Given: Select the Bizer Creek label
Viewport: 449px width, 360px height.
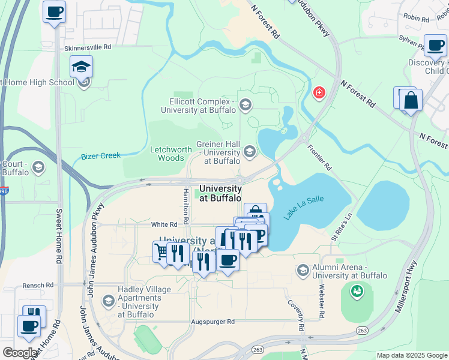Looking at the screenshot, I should tap(100, 156).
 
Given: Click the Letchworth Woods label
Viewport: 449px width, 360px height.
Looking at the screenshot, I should tap(170, 154).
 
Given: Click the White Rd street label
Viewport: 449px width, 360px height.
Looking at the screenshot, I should tap(163, 224).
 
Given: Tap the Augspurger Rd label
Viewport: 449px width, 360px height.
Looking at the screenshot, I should tap(212, 322).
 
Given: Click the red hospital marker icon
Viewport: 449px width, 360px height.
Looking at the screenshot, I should tap(319, 92).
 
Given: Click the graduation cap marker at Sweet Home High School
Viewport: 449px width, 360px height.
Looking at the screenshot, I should tap(81, 67).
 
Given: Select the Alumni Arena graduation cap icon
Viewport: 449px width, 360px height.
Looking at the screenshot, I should tap(303, 271).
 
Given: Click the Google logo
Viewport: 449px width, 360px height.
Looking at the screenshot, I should tap(20, 353).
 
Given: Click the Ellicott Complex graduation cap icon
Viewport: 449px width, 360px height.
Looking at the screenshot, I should tap(244, 105).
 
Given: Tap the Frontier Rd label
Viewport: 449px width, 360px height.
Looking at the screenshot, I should tap(319, 156).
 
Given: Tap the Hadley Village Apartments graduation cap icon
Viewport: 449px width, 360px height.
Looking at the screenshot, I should tap(108, 300).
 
